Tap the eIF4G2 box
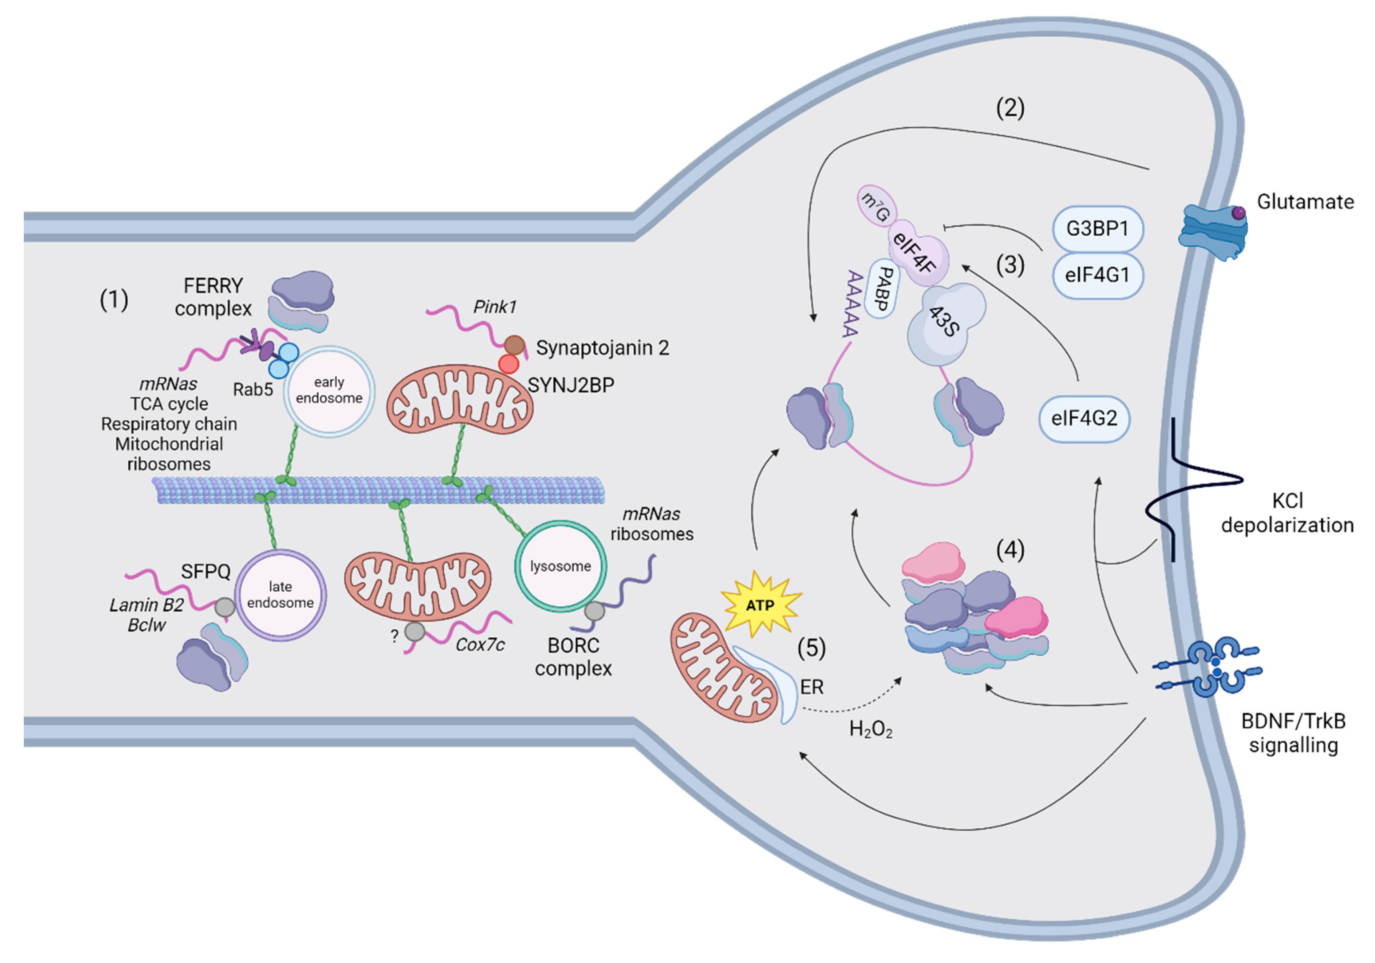(x=1084, y=418)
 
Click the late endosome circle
(x=280, y=595)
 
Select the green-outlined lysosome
(x=560, y=566)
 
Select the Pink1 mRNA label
(x=495, y=307)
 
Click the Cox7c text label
(x=480, y=645)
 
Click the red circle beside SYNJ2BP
(x=508, y=364)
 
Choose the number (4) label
(x=1010, y=550)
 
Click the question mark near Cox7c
(x=394, y=637)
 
